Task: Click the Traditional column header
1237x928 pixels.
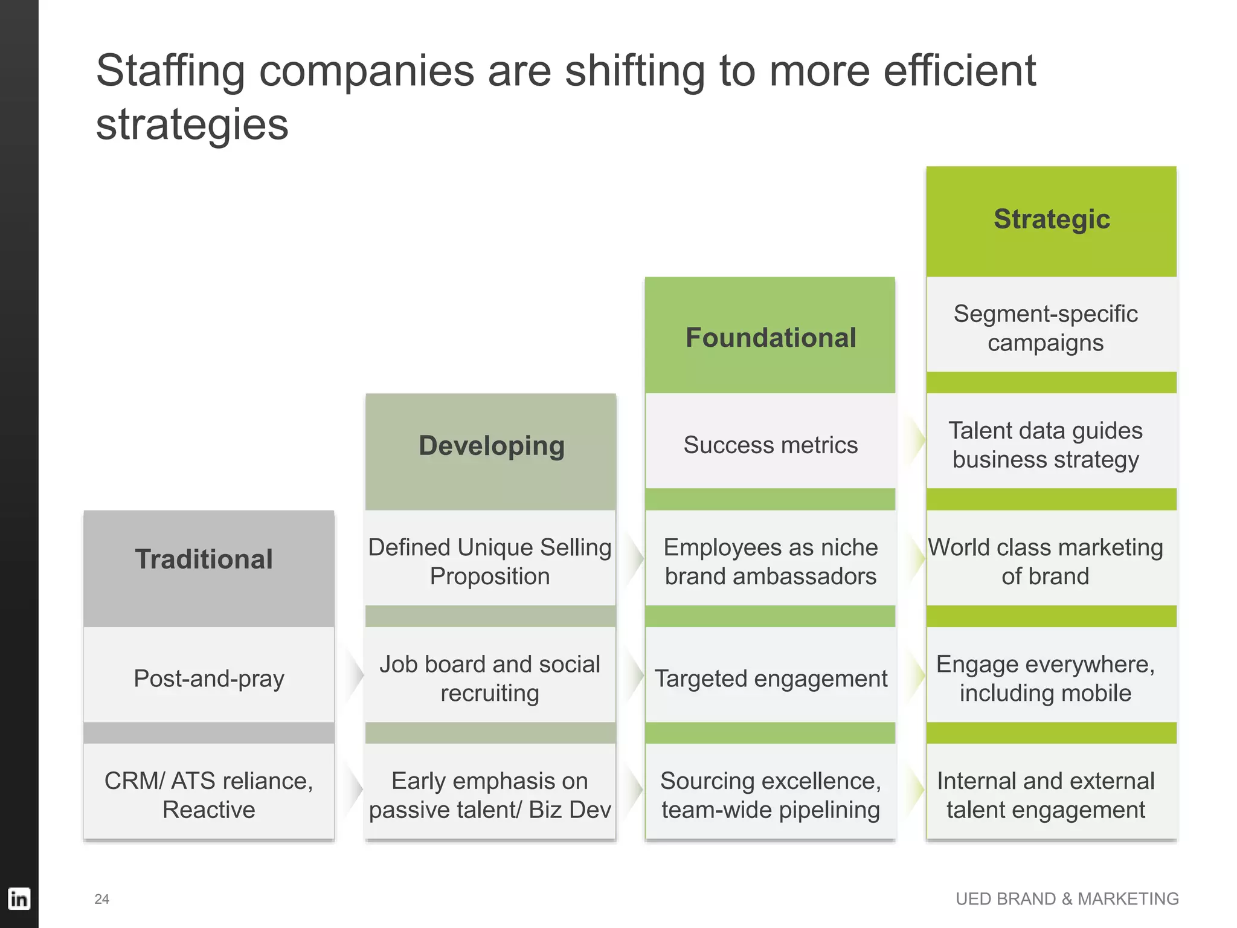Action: point(204,559)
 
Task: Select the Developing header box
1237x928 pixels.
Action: point(491,446)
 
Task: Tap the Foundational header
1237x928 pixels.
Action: point(771,338)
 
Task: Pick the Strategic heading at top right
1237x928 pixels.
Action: point(1052,219)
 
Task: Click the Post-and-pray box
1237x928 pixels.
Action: point(209,678)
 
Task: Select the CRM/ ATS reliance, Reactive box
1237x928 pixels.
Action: point(209,794)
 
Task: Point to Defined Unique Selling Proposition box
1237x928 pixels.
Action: point(490,561)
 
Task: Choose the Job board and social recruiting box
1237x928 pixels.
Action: point(490,678)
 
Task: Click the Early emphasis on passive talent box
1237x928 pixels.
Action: point(490,794)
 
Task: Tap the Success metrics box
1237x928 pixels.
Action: point(770,445)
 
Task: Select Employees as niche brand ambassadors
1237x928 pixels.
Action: point(770,561)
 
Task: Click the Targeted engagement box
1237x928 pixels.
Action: point(770,678)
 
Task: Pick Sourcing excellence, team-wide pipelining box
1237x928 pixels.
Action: point(770,794)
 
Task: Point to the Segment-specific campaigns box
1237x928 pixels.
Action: point(1046,328)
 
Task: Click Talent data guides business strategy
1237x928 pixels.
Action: point(1046,445)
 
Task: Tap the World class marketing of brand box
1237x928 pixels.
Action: point(1046,561)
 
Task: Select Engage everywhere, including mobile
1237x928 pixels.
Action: point(1046,678)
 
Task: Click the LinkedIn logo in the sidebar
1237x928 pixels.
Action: point(19,898)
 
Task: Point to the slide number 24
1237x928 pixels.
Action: point(102,899)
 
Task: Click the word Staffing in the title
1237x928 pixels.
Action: point(170,71)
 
